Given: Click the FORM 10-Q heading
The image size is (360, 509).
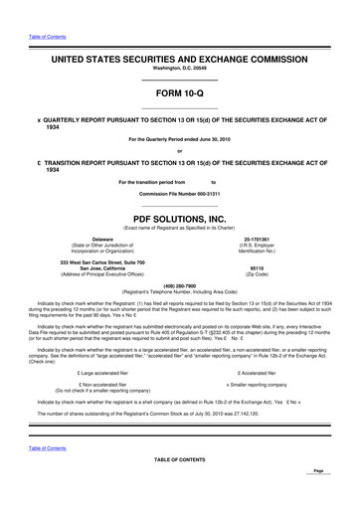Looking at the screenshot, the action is coord(179,90).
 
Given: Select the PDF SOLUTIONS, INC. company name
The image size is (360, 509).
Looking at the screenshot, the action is coord(179,216).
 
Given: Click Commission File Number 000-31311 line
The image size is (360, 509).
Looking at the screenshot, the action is coord(179,193).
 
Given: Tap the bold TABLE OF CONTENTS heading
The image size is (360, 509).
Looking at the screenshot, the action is coord(179,459).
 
